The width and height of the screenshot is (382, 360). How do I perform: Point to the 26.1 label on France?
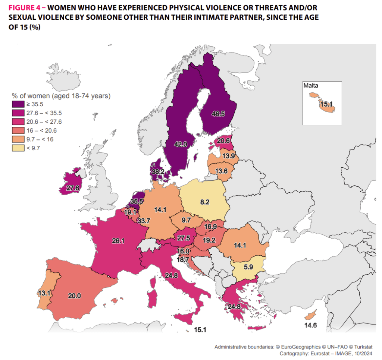click(x=118, y=241)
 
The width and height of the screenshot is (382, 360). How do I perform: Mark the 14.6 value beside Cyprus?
click(x=310, y=325)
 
